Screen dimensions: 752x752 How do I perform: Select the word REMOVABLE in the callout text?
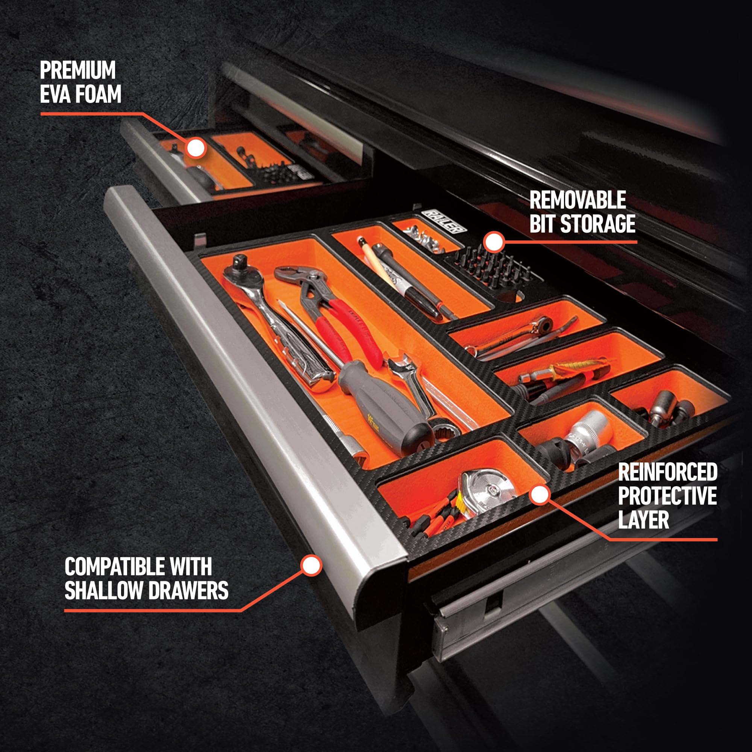577,200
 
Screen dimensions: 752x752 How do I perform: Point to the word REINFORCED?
667,472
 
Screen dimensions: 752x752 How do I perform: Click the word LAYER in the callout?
643,520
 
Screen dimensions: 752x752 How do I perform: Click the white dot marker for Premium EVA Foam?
196,148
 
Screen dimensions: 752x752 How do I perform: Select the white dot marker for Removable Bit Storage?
494,242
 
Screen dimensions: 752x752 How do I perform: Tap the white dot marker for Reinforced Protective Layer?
540,495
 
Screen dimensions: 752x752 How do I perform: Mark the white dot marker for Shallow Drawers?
311,565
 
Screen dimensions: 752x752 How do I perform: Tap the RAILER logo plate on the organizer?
443,221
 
